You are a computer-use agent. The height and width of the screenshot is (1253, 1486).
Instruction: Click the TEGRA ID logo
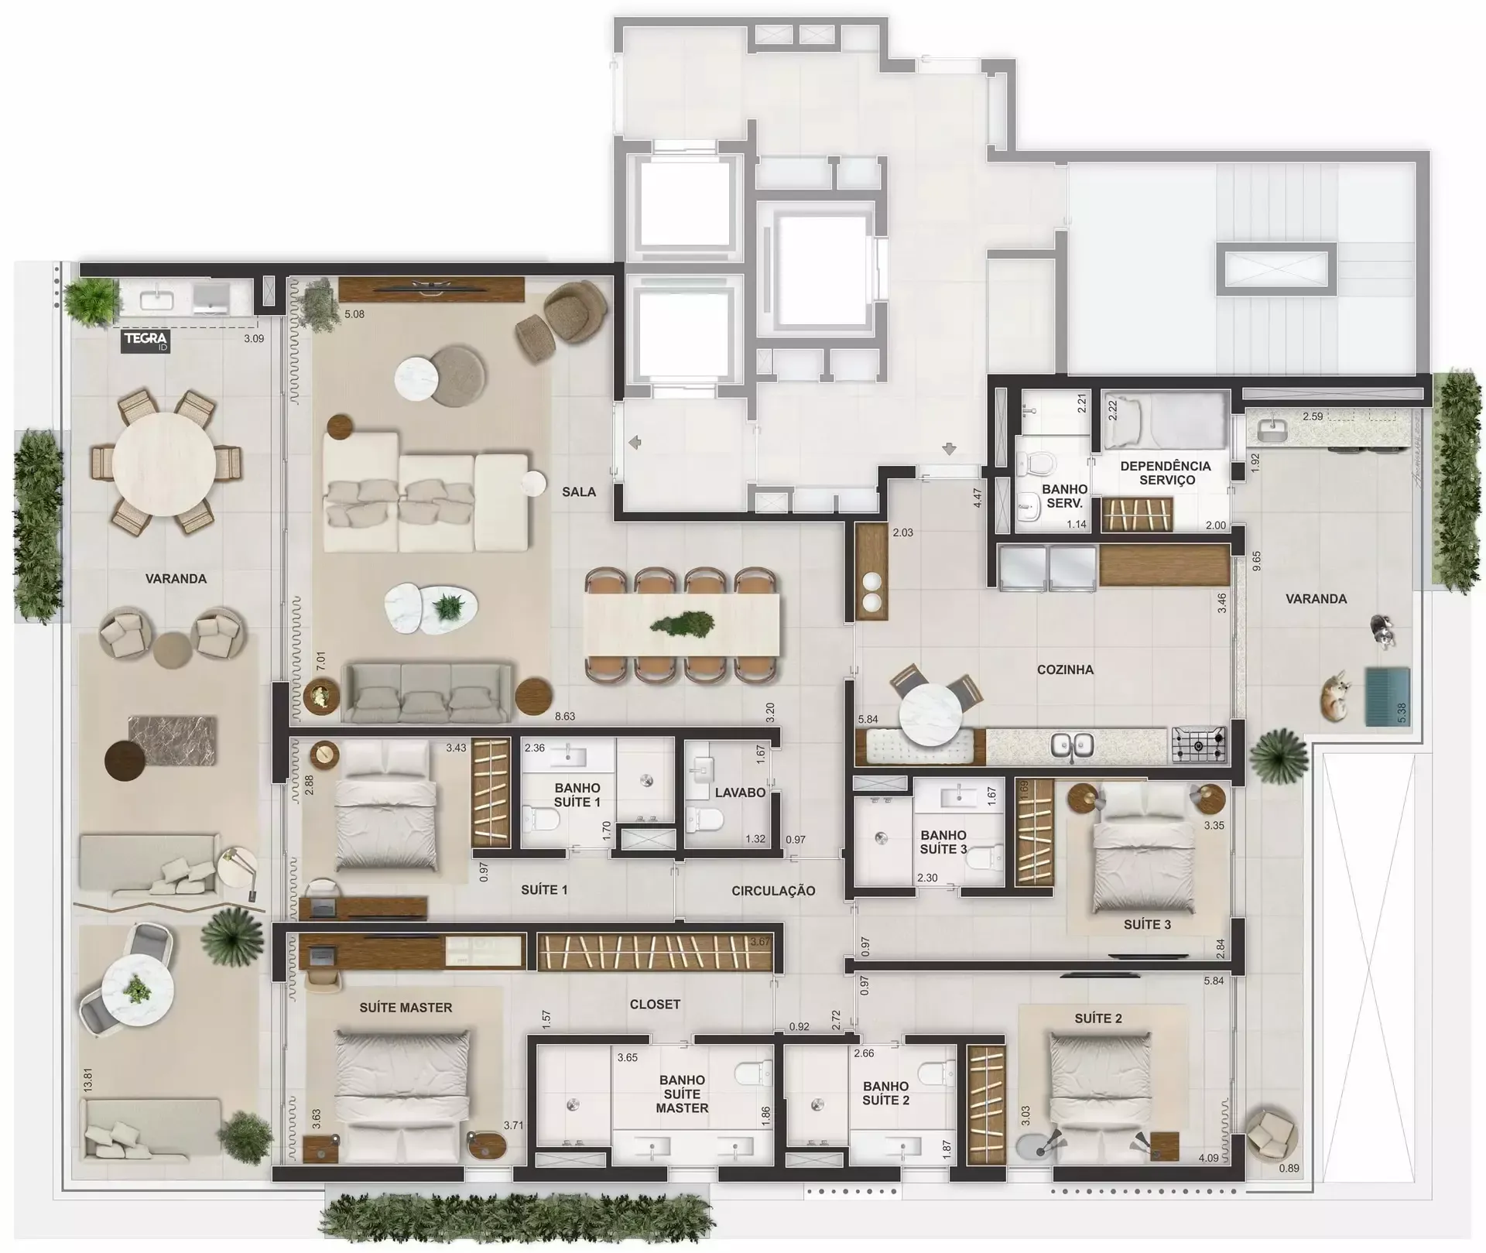146,341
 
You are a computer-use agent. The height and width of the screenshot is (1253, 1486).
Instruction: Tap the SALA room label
579,491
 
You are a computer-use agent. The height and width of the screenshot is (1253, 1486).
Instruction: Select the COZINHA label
1065,669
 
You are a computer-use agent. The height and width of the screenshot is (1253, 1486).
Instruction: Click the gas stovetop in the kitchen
1199,745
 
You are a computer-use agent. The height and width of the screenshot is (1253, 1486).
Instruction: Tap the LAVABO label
740,793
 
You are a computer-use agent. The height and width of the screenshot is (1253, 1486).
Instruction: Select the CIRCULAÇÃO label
773,891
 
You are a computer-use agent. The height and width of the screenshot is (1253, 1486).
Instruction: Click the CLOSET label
655,1004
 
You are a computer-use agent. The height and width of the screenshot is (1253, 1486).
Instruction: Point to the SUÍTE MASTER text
406,1008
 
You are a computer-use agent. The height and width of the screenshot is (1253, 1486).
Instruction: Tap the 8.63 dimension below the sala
565,716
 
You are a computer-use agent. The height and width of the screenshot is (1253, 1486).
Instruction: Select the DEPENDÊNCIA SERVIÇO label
1166,473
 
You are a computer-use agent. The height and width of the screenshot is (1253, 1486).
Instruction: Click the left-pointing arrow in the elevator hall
635,443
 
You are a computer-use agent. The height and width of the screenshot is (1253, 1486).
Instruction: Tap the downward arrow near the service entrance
950,449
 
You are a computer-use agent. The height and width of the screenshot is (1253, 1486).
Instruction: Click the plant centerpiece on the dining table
681,625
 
